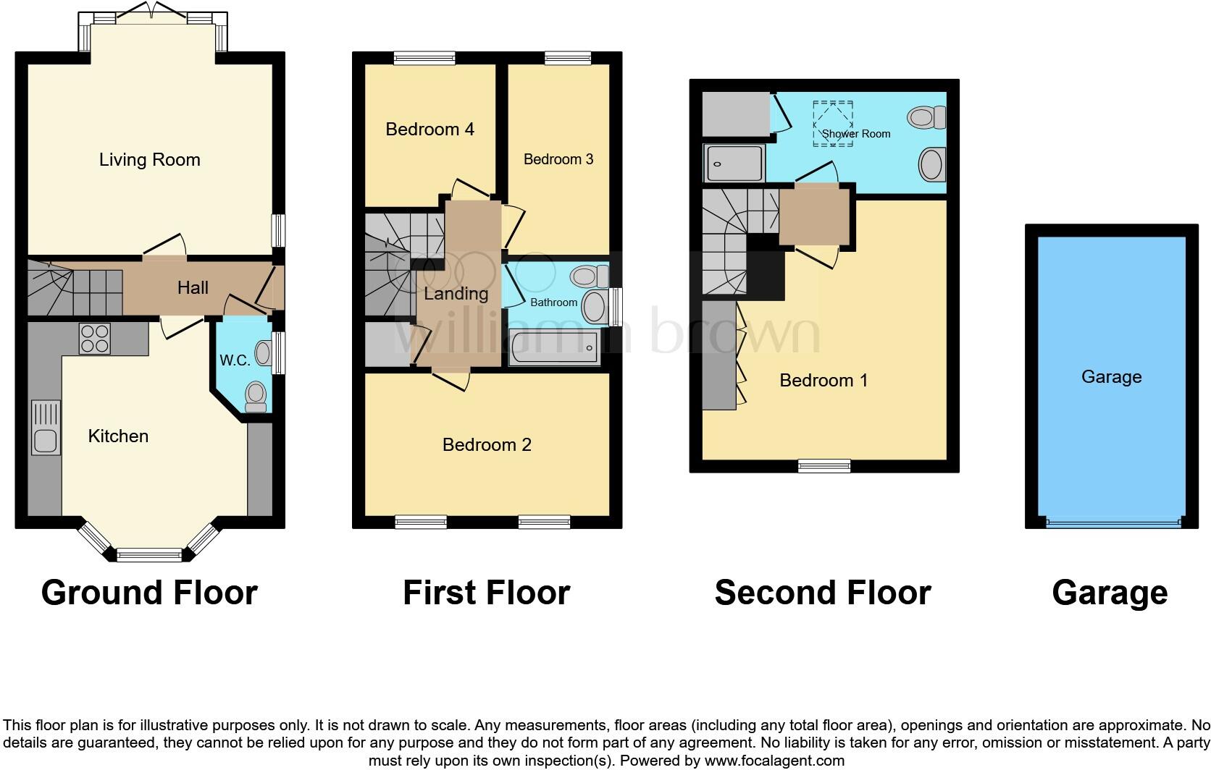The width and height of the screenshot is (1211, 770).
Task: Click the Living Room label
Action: point(149,160)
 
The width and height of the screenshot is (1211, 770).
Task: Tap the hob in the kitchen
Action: point(94,338)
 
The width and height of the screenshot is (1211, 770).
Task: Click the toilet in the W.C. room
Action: point(255,396)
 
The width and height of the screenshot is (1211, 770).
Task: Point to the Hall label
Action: point(193,288)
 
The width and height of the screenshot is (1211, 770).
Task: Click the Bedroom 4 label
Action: point(429,130)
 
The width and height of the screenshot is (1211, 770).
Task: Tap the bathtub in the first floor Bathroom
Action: point(554,349)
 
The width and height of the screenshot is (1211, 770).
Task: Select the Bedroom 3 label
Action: point(558,159)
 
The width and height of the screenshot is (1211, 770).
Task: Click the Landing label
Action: point(456,294)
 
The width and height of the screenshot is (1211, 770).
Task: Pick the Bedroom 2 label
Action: point(487,445)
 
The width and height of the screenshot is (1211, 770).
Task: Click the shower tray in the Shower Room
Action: point(733,164)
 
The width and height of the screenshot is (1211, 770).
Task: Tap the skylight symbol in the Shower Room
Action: point(833,123)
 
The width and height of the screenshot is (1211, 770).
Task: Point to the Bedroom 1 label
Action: point(824,381)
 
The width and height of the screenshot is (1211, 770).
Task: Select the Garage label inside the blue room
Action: point(1111,377)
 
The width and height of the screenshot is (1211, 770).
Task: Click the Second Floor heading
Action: point(822,593)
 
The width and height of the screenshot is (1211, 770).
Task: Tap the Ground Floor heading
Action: point(149,593)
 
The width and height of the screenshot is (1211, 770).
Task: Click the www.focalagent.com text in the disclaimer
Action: point(774,761)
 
